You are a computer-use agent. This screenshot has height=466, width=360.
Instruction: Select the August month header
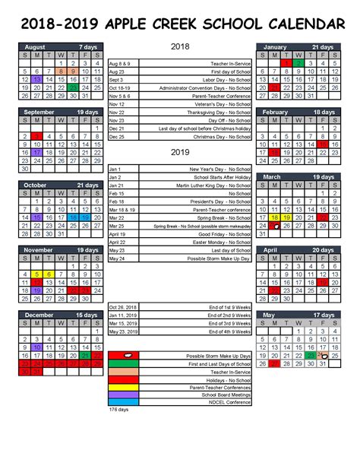point(35,46)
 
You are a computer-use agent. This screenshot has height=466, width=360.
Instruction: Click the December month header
point(40,315)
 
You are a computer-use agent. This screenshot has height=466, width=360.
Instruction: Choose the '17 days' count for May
point(322,315)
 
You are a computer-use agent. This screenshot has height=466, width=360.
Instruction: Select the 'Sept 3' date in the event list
point(116,80)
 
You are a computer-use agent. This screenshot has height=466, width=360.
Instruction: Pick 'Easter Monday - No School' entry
point(220,243)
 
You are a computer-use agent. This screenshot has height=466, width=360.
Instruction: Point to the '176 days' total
point(119,410)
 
